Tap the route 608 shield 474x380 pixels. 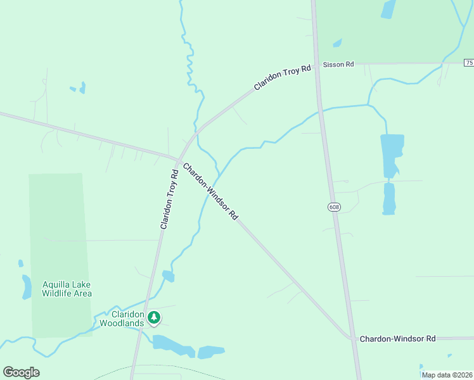click(333, 207)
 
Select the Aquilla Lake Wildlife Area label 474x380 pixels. click(67, 289)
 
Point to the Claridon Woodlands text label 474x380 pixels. click(124, 318)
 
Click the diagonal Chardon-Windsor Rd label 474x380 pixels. click(210, 192)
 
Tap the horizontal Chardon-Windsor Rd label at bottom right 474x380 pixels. click(397, 339)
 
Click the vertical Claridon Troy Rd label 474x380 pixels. click(169, 199)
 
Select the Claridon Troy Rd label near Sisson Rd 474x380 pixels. click(283, 76)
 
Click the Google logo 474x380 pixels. click(21, 372)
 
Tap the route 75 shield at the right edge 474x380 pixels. click(469, 63)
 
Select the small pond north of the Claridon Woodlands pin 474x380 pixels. click(168, 275)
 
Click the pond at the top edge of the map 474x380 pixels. click(388, 9)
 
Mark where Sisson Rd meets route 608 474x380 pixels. click(317, 64)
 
